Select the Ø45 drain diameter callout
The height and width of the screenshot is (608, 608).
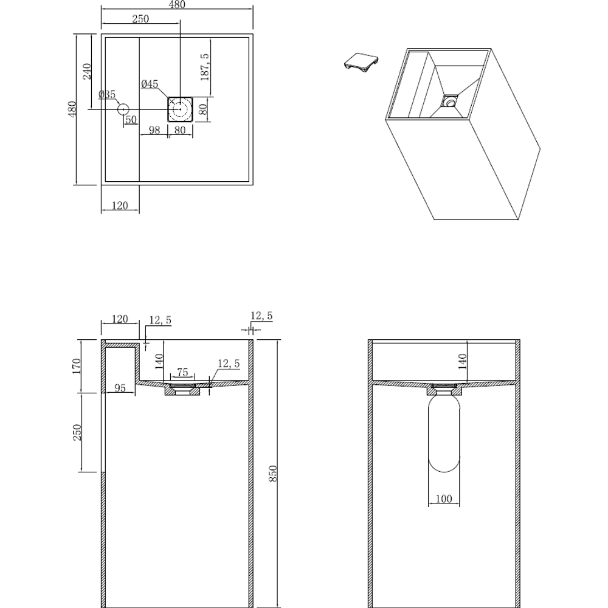point(150,84)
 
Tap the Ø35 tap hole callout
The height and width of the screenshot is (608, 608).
point(108,94)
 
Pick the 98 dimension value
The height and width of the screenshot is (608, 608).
point(154,130)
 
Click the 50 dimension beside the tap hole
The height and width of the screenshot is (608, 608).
point(131,120)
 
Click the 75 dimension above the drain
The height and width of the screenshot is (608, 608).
point(182,372)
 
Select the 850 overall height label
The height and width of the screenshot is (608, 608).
point(273,473)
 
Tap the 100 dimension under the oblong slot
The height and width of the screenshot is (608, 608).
point(444,499)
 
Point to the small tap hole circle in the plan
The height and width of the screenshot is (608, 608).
point(123,109)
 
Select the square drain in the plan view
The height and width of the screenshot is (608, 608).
point(180,109)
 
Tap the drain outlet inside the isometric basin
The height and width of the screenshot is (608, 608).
point(450,101)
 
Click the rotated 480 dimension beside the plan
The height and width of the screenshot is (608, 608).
point(72,109)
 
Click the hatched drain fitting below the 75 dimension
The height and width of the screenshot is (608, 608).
point(182,390)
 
